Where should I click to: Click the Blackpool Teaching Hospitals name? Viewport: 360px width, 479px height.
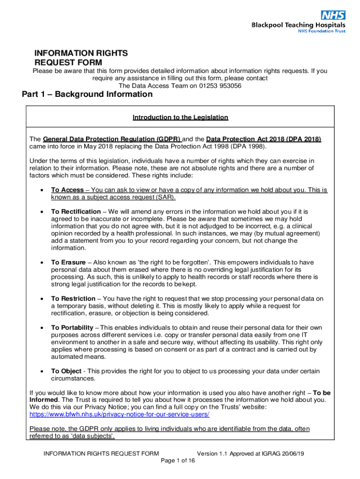(299, 25)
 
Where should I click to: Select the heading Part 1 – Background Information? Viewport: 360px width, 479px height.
(87, 94)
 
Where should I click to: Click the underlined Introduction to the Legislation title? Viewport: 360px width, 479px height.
(180, 117)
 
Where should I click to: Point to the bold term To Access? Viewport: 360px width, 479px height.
(67, 190)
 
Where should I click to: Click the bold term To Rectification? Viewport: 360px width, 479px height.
(76, 212)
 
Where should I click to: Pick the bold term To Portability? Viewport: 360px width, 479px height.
(72, 327)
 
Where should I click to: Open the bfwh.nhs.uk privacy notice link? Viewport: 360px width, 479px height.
(119, 414)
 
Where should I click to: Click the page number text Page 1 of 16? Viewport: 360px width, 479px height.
(177, 460)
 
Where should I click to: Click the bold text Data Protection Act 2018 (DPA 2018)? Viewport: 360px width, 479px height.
(263, 139)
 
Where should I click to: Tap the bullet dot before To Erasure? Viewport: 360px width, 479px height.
(42, 263)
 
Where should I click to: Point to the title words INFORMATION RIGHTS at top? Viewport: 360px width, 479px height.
(81, 53)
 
